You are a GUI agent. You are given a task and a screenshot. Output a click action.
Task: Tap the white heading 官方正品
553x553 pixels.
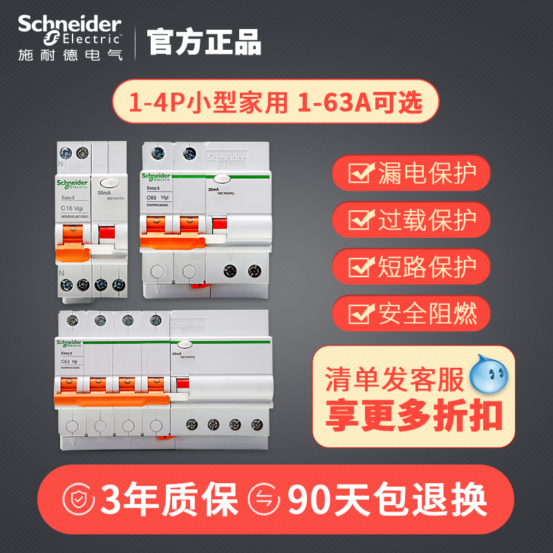coord(205,41)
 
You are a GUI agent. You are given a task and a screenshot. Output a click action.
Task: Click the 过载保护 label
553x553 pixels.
coord(427,220)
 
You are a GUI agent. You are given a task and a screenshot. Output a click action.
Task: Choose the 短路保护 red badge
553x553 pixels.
coord(411,266)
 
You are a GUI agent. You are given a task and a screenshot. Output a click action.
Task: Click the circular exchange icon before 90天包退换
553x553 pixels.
coord(265,498)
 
